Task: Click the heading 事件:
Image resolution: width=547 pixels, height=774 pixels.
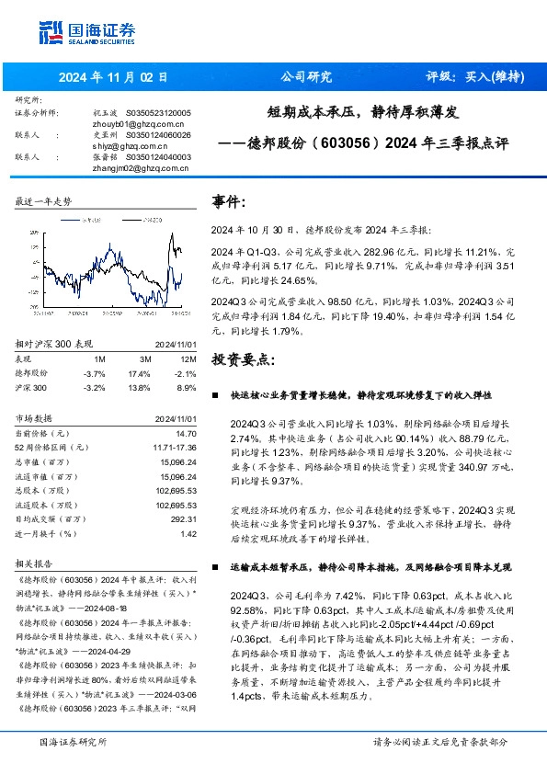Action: (229, 201)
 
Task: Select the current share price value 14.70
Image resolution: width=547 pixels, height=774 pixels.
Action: (187, 433)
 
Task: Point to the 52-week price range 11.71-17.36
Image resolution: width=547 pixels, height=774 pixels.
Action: (172, 447)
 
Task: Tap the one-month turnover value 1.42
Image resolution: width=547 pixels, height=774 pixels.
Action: (188, 533)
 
